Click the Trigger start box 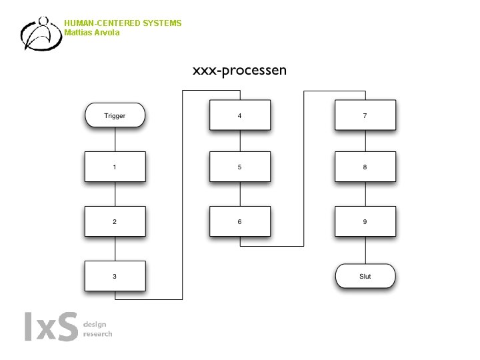pyautogui.click(x=115, y=115)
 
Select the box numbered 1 pyautogui.click(x=115, y=167)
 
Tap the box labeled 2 pyautogui.click(x=115, y=221)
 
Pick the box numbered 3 pyautogui.click(x=115, y=275)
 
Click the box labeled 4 pyautogui.click(x=239, y=115)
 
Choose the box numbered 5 pyautogui.click(x=239, y=167)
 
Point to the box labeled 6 pyautogui.click(x=239, y=221)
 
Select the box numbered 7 pyautogui.click(x=365, y=115)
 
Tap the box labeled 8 pyautogui.click(x=365, y=167)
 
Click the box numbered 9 pyautogui.click(x=365, y=221)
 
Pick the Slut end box pyautogui.click(x=365, y=275)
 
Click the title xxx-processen pyautogui.click(x=239, y=69)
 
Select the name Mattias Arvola pyautogui.click(x=92, y=32)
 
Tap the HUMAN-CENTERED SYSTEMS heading pyautogui.click(x=123, y=23)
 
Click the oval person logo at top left pyautogui.click(x=40, y=33)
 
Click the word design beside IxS pyautogui.click(x=94, y=324)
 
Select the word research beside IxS pyautogui.click(x=97, y=333)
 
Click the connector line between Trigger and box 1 pyautogui.click(x=115, y=139)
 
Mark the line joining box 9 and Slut pyautogui.click(x=365, y=251)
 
